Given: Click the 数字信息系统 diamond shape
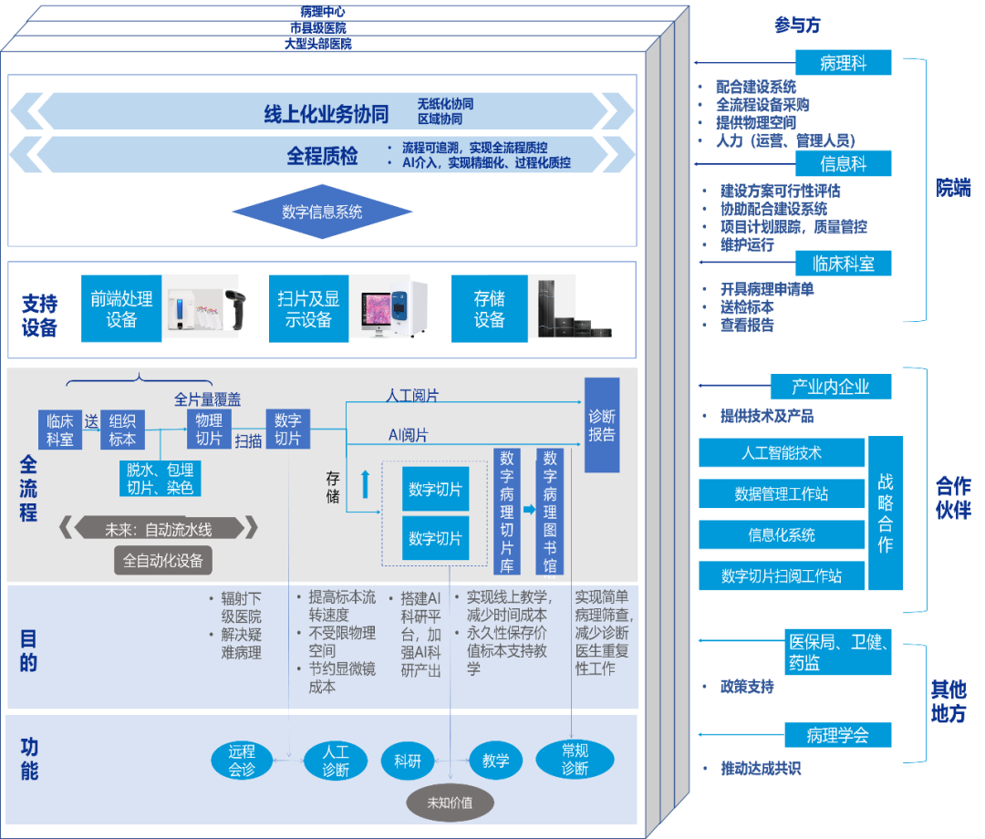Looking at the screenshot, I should tap(322, 212).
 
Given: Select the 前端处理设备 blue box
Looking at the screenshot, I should tap(121, 309).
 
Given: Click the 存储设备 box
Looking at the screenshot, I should tap(489, 309).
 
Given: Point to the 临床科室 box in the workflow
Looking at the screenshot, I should tap(60, 430).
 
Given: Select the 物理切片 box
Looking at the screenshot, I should tap(209, 430).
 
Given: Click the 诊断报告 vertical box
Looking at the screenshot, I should tap(601, 425).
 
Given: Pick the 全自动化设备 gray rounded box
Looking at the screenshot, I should tap(163, 559).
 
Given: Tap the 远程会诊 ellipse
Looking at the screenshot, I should tap(242, 761).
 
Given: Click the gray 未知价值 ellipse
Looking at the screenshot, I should tap(450, 803).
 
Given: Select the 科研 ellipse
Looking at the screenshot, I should tap(408, 761).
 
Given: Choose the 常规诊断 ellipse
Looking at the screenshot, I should tap(575, 760).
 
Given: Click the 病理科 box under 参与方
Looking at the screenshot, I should tap(842, 64).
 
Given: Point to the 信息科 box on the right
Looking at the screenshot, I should tap(843, 164).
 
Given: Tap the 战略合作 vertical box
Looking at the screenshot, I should tap(885, 513).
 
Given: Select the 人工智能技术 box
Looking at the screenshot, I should tap(781, 452).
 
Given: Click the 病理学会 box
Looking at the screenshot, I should tap(837, 735).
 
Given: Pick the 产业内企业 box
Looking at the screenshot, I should tap(830, 387).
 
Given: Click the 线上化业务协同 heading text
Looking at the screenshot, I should tap(327, 113).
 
